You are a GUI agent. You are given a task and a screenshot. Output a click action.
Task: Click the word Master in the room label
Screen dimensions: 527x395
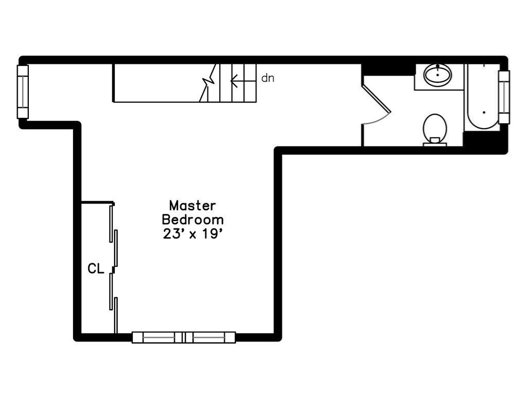[192, 205]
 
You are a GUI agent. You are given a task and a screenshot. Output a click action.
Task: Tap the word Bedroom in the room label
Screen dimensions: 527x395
[192, 220]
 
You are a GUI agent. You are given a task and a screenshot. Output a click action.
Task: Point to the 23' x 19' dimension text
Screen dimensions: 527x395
[193, 234]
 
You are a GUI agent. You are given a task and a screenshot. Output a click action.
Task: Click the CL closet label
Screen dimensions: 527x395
[96, 268]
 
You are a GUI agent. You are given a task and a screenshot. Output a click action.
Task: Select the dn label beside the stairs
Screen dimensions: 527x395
[268, 78]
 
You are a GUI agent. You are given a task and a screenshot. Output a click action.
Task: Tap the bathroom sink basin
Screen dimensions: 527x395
[437, 75]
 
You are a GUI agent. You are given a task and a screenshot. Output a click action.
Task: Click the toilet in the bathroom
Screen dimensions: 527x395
[435, 130]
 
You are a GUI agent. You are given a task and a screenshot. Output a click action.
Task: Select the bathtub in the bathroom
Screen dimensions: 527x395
[481, 97]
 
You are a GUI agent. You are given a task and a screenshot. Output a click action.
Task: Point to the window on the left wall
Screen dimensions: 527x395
[23, 92]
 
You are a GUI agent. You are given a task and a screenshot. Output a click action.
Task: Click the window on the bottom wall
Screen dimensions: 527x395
[184, 337]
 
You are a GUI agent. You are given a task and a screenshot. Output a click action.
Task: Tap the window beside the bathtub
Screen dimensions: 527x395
[504, 97]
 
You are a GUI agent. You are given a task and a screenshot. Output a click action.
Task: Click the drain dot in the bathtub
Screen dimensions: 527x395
[484, 112]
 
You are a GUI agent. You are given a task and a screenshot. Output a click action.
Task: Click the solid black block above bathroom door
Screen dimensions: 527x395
[388, 69]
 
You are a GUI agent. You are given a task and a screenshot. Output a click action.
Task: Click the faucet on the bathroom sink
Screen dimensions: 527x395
[437, 67]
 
